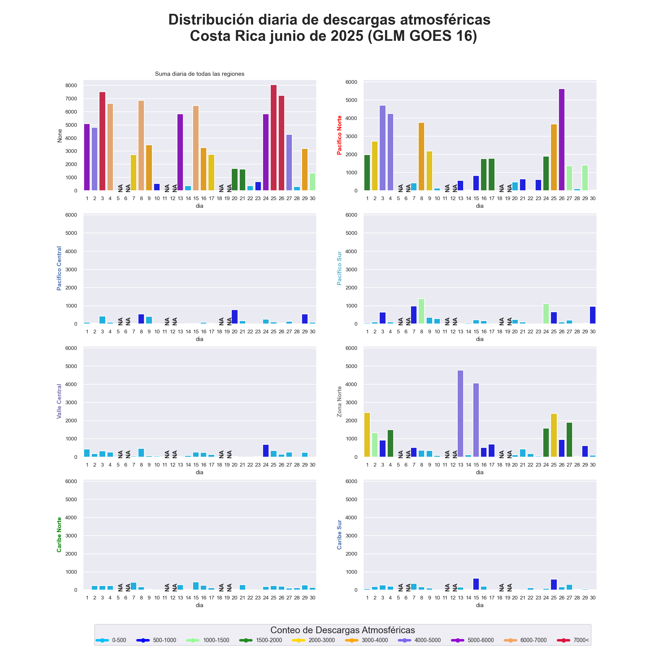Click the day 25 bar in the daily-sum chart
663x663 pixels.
click(x=273, y=138)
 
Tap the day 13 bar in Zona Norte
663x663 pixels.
click(x=460, y=413)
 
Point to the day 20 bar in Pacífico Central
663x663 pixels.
click(x=235, y=317)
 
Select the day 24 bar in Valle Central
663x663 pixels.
click(x=266, y=451)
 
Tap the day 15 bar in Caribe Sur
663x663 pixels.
click(x=476, y=584)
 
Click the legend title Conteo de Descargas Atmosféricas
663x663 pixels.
click(x=343, y=630)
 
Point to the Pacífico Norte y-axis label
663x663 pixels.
click(x=339, y=135)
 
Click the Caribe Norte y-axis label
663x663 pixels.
click(x=59, y=535)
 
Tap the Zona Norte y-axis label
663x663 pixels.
click(x=339, y=401)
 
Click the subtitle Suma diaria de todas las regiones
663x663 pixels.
click(x=200, y=74)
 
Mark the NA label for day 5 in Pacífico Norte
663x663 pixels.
click(x=400, y=188)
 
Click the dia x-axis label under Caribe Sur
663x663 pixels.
click(x=479, y=605)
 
